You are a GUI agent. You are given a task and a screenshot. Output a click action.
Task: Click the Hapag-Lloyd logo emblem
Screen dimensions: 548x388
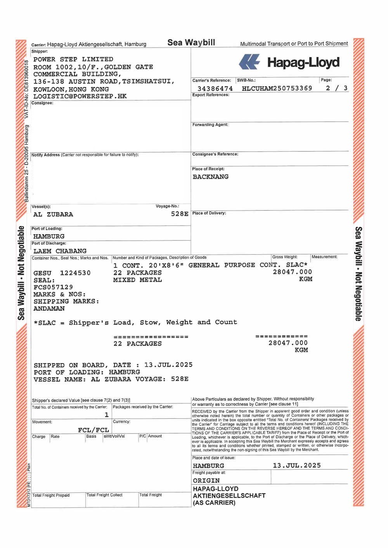click(x=249, y=62)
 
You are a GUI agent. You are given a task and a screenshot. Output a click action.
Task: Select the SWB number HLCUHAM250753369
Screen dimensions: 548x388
click(x=277, y=88)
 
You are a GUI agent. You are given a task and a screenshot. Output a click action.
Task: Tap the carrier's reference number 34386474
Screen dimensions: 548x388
click(x=215, y=89)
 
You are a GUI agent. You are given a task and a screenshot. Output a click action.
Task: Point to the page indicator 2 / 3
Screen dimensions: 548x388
click(x=336, y=88)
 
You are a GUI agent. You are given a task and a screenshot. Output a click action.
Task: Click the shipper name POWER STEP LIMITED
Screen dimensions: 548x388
click(x=73, y=59)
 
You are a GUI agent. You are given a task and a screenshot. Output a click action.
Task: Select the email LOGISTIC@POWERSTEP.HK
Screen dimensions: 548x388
click(x=80, y=96)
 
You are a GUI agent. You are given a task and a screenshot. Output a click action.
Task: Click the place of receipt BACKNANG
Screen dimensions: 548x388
click(x=210, y=177)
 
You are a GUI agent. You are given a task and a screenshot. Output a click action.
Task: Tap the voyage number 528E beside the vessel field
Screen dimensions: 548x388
click(x=180, y=214)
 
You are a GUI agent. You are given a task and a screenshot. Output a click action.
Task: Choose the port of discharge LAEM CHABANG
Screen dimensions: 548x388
click(x=60, y=251)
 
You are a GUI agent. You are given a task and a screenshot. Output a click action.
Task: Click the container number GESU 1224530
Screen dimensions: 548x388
click(x=62, y=273)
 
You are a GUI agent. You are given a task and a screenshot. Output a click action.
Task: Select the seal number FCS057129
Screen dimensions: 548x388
click(x=53, y=287)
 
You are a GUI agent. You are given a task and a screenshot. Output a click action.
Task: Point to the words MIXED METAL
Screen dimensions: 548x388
click(x=137, y=280)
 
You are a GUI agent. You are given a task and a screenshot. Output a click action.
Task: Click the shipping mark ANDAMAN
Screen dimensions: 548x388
click(x=49, y=308)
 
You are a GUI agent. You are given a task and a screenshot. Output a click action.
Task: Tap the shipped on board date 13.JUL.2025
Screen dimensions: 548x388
click(x=168, y=365)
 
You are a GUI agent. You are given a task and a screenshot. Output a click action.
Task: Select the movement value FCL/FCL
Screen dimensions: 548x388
click(x=93, y=430)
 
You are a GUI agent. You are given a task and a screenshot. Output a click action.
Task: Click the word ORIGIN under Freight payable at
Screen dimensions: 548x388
click(x=206, y=480)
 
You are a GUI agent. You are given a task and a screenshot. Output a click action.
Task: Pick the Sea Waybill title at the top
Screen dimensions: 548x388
click(x=191, y=43)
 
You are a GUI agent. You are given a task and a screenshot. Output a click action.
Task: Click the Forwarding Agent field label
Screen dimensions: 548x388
click(x=210, y=125)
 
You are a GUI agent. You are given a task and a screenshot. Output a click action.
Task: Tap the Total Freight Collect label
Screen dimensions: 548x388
click(x=104, y=495)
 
